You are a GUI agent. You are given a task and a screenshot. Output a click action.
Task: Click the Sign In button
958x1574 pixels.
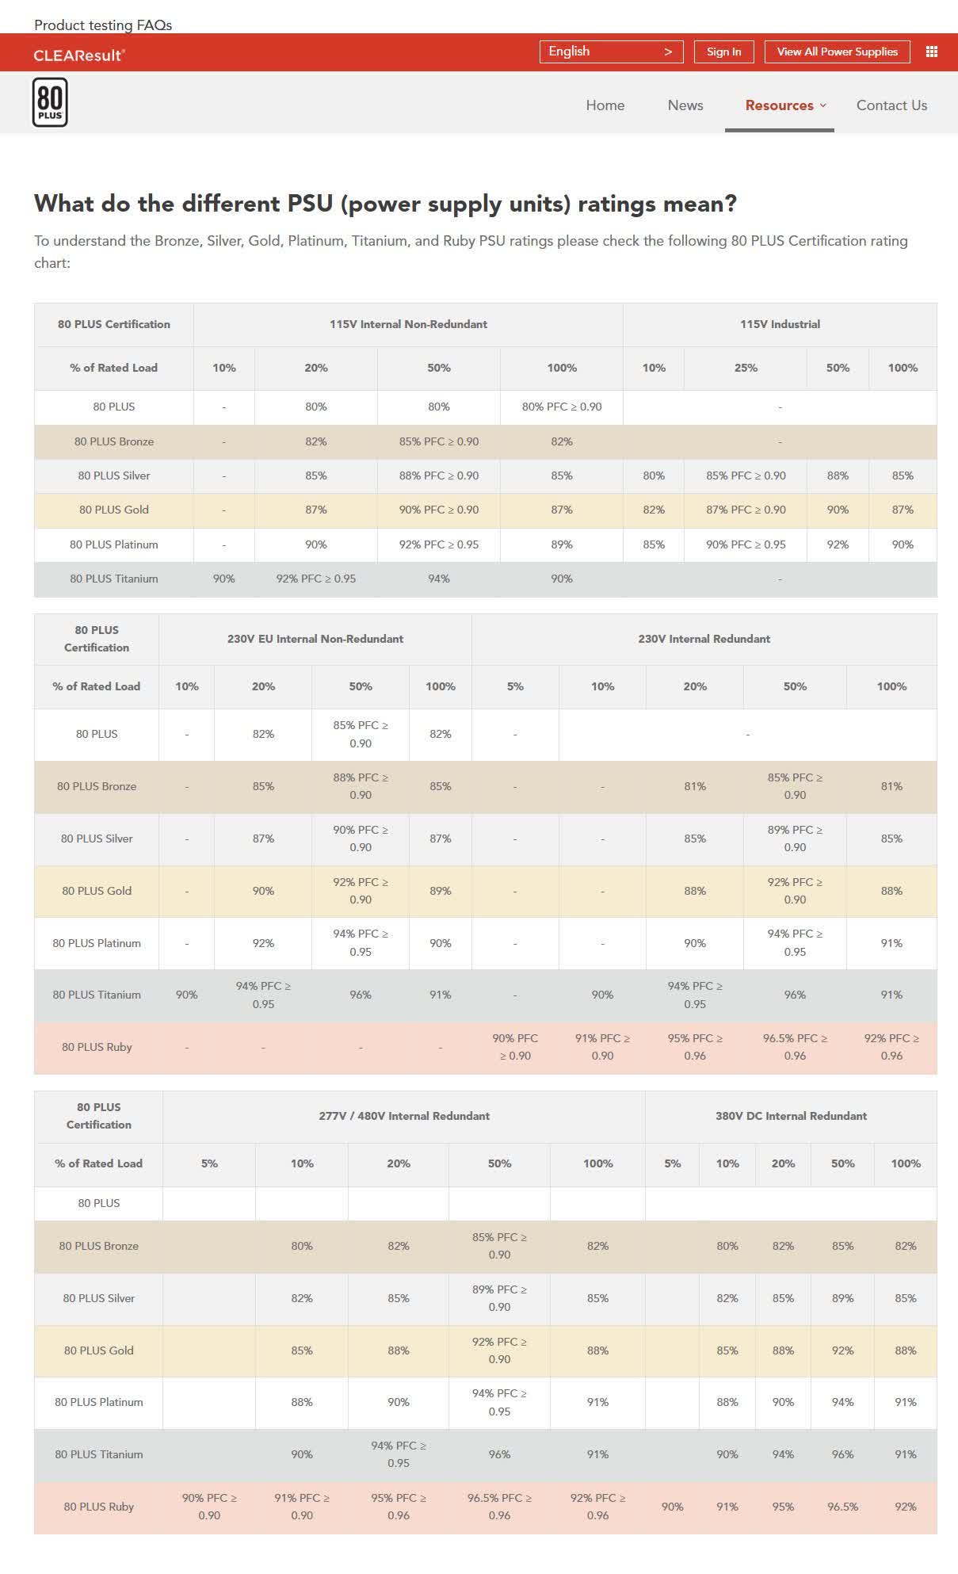[x=723, y=52]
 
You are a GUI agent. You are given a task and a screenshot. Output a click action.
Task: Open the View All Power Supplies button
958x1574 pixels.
[x=837, y=52]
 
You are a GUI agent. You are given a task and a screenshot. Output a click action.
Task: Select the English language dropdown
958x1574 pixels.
[x=611, y=52]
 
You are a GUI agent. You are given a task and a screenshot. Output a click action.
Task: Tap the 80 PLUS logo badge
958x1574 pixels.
[x=50, y=103]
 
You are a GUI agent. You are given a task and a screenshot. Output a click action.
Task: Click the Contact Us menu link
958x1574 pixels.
[x=891, y=105]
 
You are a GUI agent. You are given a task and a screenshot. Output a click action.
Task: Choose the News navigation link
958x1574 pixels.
[x=685, y=105]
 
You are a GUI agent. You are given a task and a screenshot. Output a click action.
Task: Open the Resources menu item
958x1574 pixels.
[x=780, y=105]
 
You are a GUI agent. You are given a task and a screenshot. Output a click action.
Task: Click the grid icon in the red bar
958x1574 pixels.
[x=932, y=52]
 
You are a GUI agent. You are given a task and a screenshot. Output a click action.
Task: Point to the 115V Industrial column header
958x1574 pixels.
[x=780, y=324]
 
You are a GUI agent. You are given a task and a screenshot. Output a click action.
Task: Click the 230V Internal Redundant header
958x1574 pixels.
[x=704, y=639]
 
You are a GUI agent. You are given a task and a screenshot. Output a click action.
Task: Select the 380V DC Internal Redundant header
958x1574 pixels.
[x=791, y=1116]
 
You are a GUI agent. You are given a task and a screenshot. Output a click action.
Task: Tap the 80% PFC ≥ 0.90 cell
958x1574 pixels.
[x=562, y=407]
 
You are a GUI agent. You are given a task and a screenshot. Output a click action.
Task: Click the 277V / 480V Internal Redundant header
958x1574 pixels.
[x=404, y=1116]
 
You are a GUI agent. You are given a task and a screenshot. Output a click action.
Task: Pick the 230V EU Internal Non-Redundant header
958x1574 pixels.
[x=315, y=639]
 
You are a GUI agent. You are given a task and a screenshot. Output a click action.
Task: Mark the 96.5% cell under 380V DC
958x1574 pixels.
[x=842, y=1507]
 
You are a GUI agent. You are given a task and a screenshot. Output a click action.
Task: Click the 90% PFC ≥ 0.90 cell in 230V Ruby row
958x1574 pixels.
[x=515, y=1047]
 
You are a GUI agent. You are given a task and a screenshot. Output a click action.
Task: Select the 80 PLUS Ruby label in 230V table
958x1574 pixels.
[x=97, y=1047]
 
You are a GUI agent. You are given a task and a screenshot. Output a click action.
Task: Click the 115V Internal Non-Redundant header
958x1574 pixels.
[x=408, y=324]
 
